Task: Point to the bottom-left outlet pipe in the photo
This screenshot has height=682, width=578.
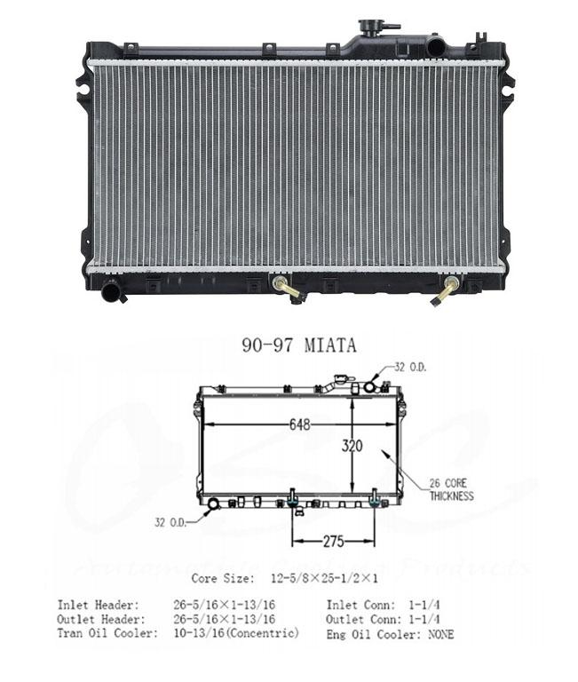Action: click(113, 290)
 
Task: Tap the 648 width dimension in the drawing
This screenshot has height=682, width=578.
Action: click(298, 424)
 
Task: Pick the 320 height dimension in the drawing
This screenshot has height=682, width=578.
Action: click(352, 447)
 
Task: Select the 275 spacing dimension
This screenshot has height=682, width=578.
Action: click(333, 540)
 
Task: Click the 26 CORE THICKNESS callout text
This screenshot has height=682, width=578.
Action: click(451, 490)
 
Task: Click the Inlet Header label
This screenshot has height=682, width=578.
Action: click(98, 605)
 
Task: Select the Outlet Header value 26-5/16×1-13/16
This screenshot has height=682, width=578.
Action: click(224, 619)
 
